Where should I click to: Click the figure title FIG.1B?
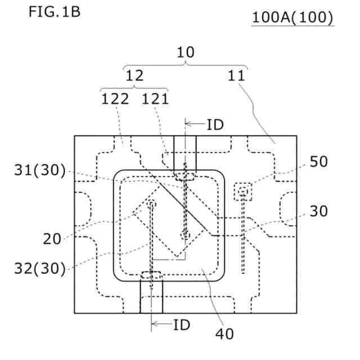pos(54,12)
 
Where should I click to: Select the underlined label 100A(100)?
pos(293,17)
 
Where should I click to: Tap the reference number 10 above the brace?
pos(185,52)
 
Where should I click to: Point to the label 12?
pos(134,75)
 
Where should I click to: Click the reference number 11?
pos(236,75)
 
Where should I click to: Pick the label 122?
pos(115,99)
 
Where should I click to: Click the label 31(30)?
pos(39,170)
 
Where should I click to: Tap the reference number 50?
pos(318,161)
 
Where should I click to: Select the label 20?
pos(52,238)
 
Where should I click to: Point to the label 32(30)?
pos(39,268)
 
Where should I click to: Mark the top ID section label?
pos(215,125)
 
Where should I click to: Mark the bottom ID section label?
pos(181,325)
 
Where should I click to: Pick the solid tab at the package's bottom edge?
pos(151,296)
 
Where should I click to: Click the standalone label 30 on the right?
pos(318,211)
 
